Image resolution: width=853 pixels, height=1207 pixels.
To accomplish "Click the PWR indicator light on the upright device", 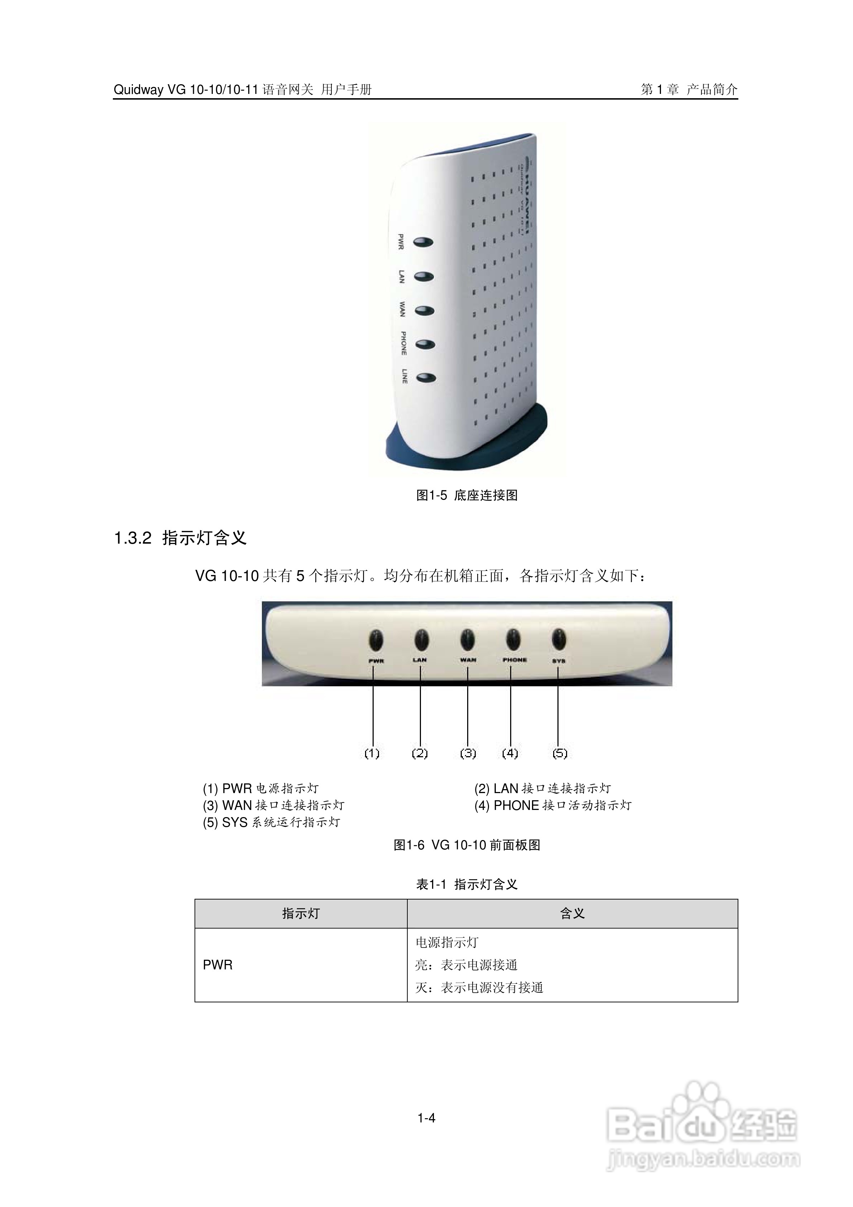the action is coord(423,242).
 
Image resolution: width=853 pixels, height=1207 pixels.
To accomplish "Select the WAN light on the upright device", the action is coord(424,311).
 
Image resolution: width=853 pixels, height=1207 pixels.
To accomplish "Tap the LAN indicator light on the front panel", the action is coord(421,640).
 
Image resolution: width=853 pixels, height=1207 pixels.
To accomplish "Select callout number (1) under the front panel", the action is coord(372,753).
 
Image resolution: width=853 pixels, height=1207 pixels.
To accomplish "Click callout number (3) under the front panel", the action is coord(468,753).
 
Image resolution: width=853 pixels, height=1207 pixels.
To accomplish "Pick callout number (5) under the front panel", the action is coord(560,753).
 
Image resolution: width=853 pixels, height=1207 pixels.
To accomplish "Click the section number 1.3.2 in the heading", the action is coord(133,538).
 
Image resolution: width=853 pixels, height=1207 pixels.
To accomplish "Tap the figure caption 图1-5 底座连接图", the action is coord(467,495).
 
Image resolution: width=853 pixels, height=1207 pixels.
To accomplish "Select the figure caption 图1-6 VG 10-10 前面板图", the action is coord(467,845).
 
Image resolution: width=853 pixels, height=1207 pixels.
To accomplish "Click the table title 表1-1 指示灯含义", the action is coord(467,884).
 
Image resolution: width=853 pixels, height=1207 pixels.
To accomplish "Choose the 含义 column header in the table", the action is coord(572,913).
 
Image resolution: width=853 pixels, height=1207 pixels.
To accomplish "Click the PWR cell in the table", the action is coord(217,965).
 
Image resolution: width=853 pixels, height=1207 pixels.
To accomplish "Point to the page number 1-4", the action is coord(426,1118).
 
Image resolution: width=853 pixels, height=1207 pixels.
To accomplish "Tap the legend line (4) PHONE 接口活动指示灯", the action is coord(552,805).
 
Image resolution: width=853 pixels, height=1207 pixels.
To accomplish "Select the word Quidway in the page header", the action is coord(138,90).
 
